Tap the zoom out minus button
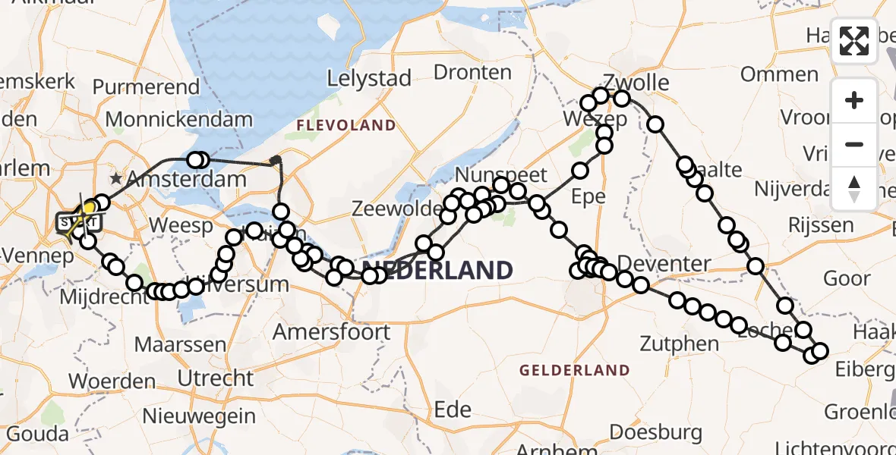point(854,144)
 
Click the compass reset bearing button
point(854,188)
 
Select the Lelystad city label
point(369,78)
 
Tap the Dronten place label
point(472,72)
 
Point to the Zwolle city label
point(636,82)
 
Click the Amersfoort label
point(331,331)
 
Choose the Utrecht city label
point(215,377)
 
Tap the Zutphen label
point(680,344)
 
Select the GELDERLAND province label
point(575,371)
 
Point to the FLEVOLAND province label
point(346,125)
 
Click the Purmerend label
point(156,86)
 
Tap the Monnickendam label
point(178,119)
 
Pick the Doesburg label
point(645,432)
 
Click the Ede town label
point(453,409)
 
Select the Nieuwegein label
point(199,416)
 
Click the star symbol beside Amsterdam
point(115,180)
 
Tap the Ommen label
point(779,74)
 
